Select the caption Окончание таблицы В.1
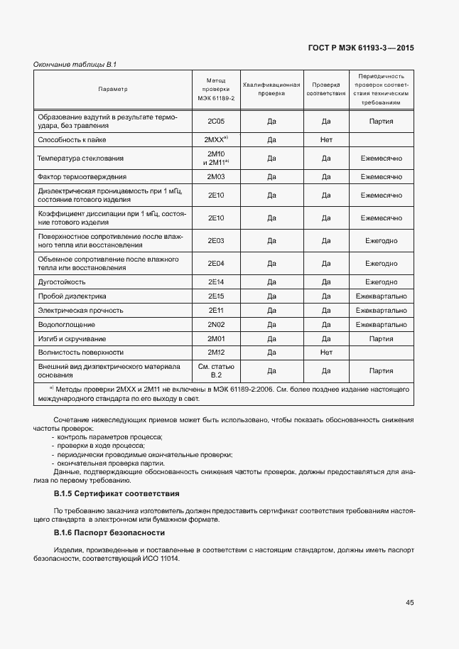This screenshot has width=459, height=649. tap(75, 65)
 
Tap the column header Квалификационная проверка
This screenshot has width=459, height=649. tap(271, 89)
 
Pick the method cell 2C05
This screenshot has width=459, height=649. tap(216, 122)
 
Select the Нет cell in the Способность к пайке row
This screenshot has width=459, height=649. tap(326, 140)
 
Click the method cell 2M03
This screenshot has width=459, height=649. tap(216, 176)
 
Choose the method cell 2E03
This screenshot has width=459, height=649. tap(216, 241)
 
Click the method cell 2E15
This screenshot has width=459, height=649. tap(216, 296)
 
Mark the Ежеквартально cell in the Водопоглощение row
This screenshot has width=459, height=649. tap(382, 324)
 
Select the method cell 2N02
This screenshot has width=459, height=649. tap(216, 324)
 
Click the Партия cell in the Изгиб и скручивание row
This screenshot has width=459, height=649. tap(382, 338)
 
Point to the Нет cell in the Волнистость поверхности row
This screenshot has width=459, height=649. tap(326, 352)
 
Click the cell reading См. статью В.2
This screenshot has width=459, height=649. tap(216, 370)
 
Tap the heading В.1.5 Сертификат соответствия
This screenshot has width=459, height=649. tap(117, 493)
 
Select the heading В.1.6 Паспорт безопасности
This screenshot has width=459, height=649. tap(109, 532)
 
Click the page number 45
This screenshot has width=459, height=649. tap(410, 602)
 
